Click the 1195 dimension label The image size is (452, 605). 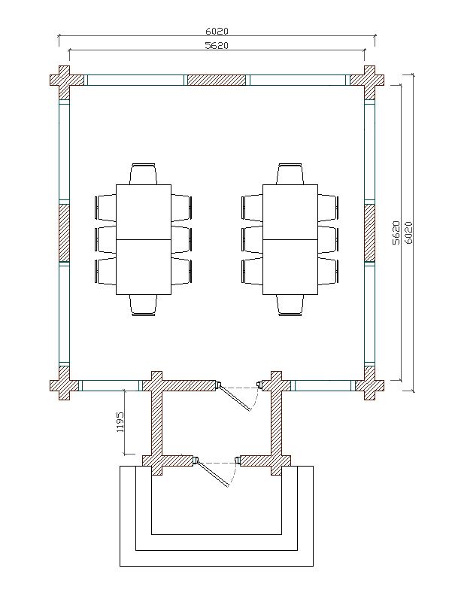(x=120, y=421)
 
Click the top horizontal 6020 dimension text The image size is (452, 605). (x=217, y=31)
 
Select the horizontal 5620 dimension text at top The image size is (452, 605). (x=217, y=46)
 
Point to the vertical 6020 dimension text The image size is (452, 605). (x=409, y=233)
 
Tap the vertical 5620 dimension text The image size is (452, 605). (x=396, y=233)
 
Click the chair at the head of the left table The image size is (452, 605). (x=143, y=174)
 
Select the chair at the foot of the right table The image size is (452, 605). (x=290, y=306)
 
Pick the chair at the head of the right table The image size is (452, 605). (x=290, y=174)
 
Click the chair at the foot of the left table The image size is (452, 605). (x=143, y=306)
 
